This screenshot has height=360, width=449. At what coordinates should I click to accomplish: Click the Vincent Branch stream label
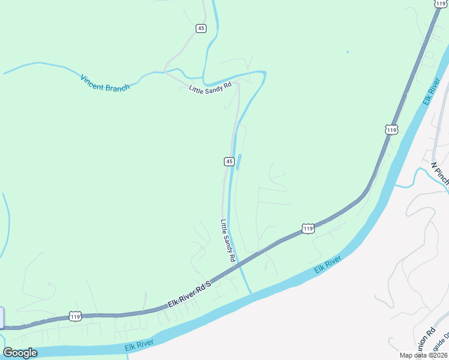(105, 83)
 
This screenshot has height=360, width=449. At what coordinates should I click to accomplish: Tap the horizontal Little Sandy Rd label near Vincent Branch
(209, 88)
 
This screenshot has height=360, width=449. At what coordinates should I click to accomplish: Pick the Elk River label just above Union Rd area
(327, 265)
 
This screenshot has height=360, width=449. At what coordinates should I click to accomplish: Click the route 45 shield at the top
(201, 28)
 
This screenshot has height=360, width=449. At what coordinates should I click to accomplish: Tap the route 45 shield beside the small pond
(229, 161)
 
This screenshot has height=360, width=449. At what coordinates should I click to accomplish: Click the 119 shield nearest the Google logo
(75, 316)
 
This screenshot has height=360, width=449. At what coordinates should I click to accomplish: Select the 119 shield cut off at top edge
(441, 3)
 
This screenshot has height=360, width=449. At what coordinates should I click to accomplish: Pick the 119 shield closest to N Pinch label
(391, 130)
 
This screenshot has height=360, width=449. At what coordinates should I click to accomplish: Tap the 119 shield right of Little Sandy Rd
(307, 229)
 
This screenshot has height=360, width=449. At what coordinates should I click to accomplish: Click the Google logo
(20, 353)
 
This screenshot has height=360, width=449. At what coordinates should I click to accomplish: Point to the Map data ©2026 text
(423, 355)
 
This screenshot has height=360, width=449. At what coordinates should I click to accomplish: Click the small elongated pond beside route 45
(239, 162)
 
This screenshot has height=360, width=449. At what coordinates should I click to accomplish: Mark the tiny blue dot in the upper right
(347, 52)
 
